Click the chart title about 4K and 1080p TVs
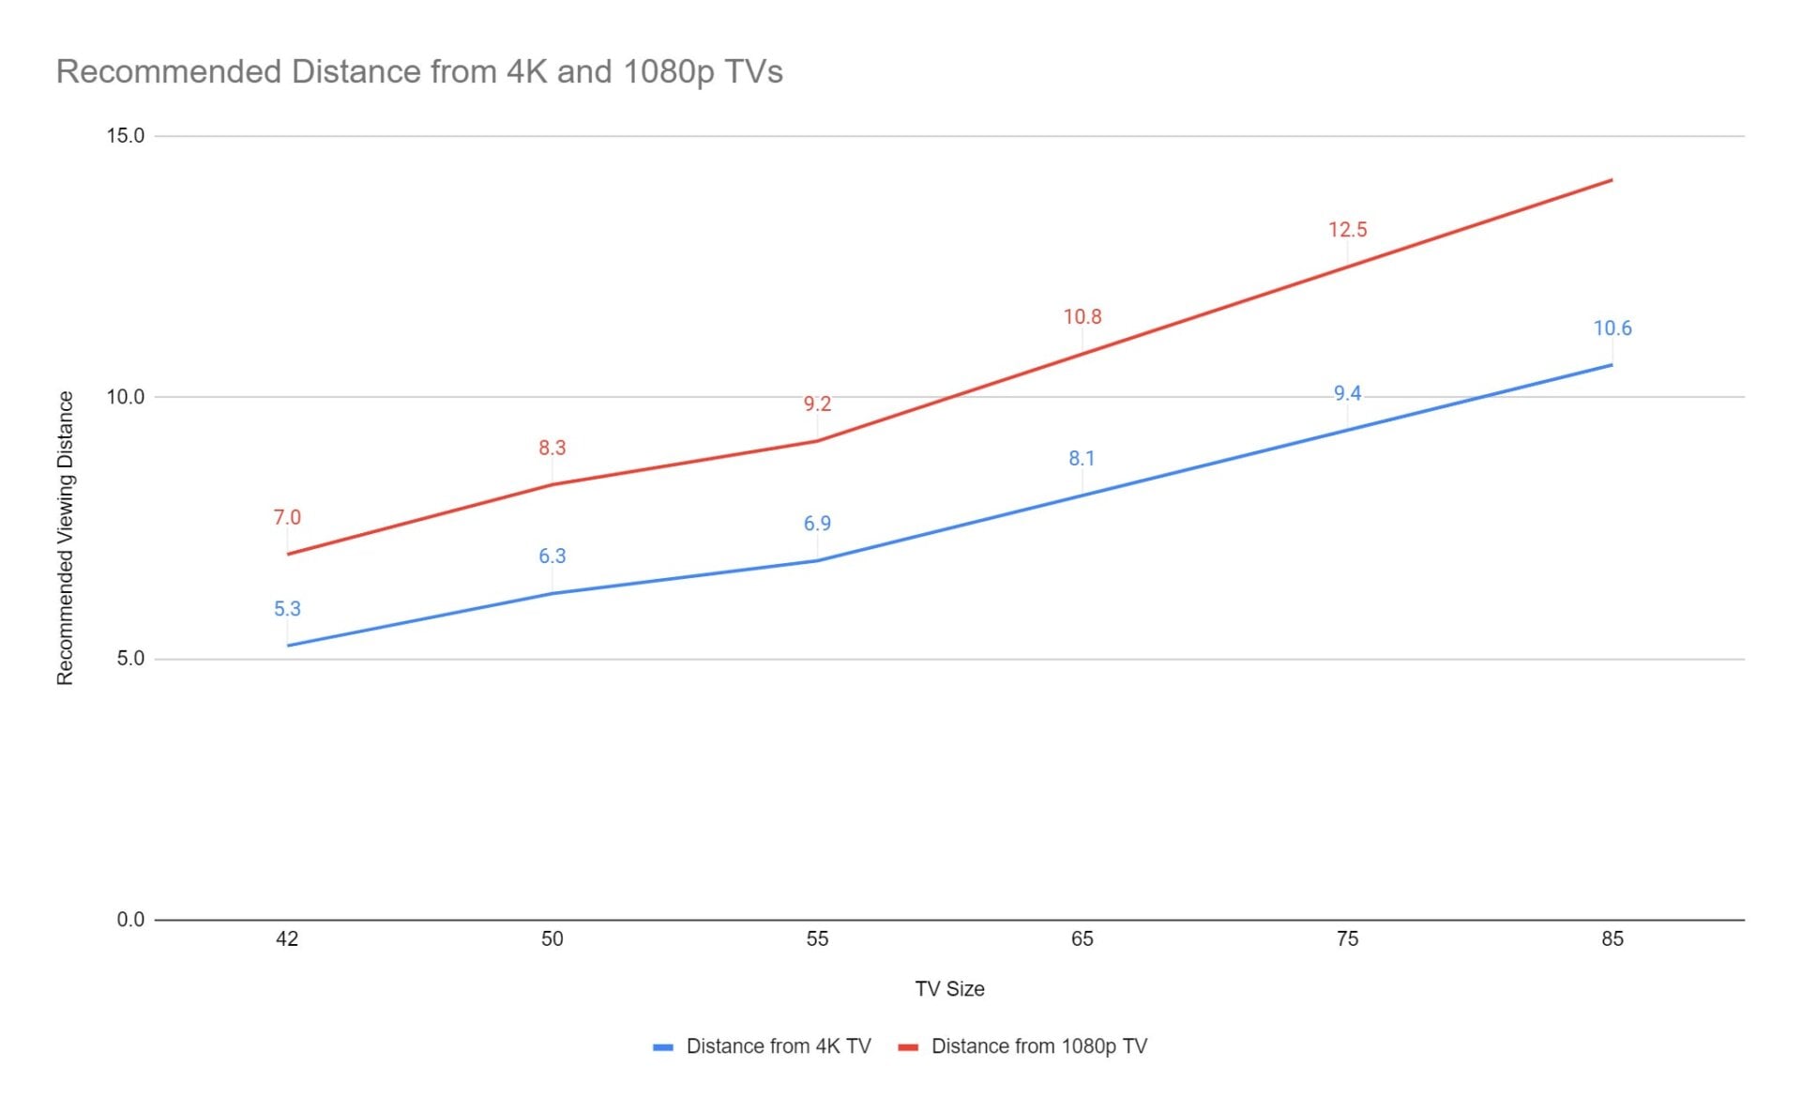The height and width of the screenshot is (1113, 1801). [x=419, y=72]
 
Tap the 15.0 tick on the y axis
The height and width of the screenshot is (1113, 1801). [x=126, y=136]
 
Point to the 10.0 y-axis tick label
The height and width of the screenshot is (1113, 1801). [x=126, y=397]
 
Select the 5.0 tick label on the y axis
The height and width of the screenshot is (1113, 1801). [x=130, y=659]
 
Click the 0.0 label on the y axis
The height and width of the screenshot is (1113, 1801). [x=130, y=920]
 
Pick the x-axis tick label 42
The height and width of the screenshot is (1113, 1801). [x=287, y=939]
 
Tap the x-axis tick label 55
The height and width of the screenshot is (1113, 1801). [x=817, y=939]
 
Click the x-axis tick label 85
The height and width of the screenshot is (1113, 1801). [x=1612, y=939]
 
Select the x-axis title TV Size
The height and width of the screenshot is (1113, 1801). [x=949, y=989]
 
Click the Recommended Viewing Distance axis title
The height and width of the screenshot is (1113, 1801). [x=65, y=538]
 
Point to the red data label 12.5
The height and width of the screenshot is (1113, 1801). [x=1347, y=230]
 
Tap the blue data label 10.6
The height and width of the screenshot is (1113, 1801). [x=1612, y=328]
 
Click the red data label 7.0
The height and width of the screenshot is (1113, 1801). [x=287, y=518]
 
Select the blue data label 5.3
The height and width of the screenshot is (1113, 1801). [x=287, y=609]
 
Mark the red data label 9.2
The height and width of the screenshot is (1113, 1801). [x=817, y=404]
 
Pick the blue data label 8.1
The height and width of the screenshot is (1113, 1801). [x=1082, y=459]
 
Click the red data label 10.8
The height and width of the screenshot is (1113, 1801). [x=1082, y=317]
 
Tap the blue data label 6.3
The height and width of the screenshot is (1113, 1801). [x=552, y=556]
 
